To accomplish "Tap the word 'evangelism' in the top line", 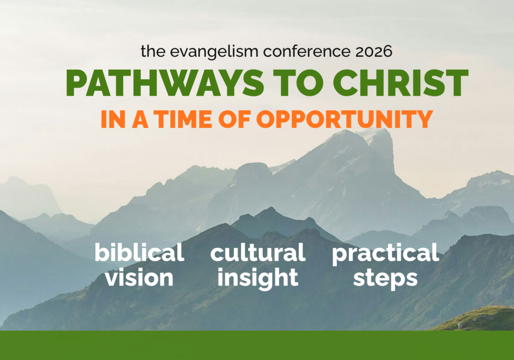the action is pos(214,52).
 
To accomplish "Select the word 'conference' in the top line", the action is pos(307,52).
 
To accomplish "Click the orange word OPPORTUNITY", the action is pos(344,118).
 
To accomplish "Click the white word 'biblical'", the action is pos(140,253).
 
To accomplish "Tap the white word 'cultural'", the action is pos(258,253).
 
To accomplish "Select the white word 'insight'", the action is pos(258,279).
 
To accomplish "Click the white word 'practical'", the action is pos(385,254).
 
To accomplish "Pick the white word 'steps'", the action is pos(385,279).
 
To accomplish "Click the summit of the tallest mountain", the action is pos(380,130).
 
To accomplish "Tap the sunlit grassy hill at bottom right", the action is pos(478,319).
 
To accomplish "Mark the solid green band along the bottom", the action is pos(257,345).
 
